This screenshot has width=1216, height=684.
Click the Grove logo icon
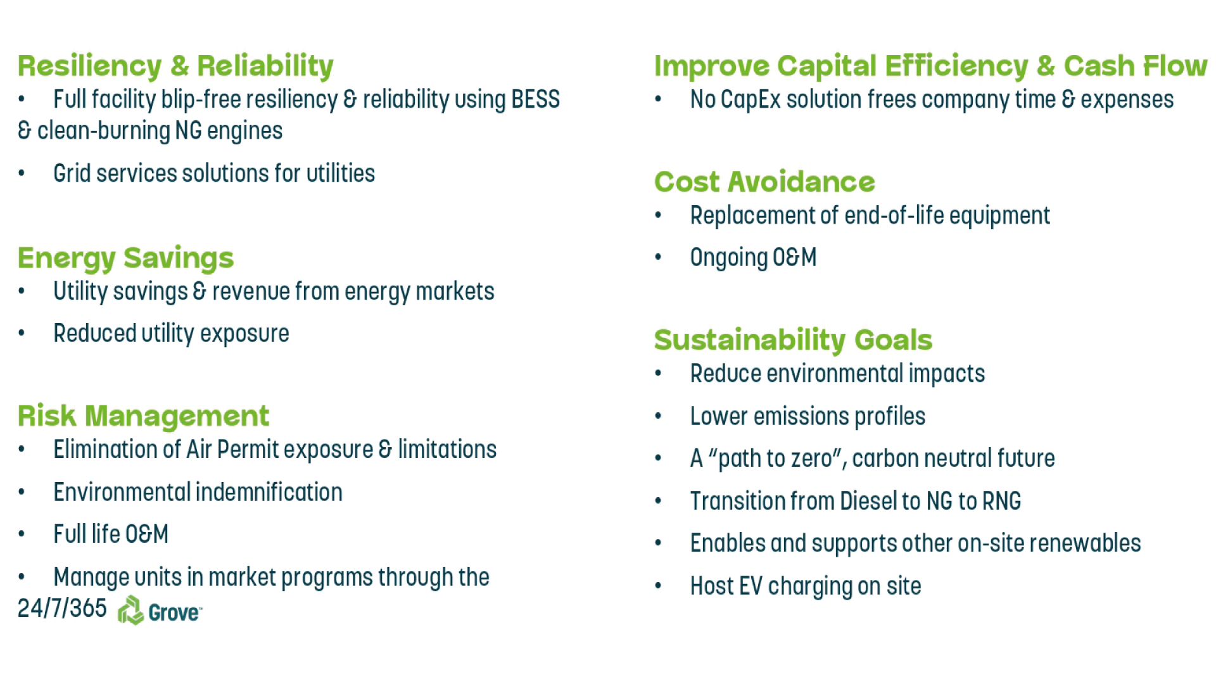(x=130, y=611)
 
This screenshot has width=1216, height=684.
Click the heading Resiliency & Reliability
(x=175, y=66)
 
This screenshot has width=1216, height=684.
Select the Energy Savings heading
(x=125, y=258)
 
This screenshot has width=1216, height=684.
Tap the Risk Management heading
(x=143, y=415)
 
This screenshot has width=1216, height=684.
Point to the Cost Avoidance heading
(x=764, y=182)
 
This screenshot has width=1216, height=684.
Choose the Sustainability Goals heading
(x=793, y=340)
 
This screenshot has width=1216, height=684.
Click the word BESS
(x=535, y=99)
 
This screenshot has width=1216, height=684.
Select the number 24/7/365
(x=62, y=608)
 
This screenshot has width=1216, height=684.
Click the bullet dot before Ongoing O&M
(x=658, y=257)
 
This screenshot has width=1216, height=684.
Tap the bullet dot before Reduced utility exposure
(x=22, y=333)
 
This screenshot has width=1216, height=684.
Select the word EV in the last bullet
(x=750, y=586)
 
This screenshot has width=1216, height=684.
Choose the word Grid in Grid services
(x=72, y=174)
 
